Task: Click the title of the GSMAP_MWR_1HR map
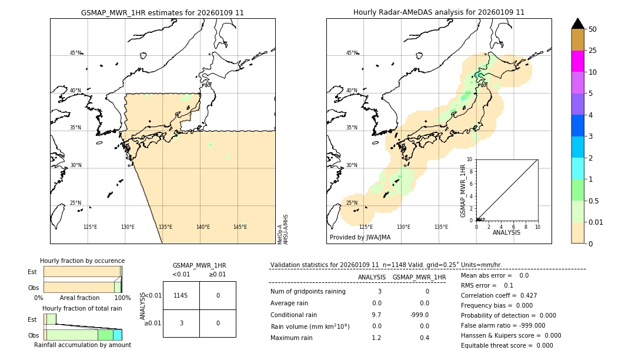pyautogui.click(x=162, y=12)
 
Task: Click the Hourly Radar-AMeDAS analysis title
pyautogui.click(x=439, y=12)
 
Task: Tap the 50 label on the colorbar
pyautogui.click(x=593, y=29)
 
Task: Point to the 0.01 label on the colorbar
pyautogui.click(x=596, y=222)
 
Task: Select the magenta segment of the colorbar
pyautogui.click(x=577, y=61)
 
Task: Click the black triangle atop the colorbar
pyautogui.click(x=577, y=24)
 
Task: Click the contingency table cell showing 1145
pyautogui.click(x=181, y=295)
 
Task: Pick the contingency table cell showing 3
pyautogui.click(x=181, y=323)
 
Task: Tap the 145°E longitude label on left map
pyautogui.click(x=240, y=227)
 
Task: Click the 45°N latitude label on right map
pyautogui.click(x=352, y=53)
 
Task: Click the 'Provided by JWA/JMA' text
pyautogui.click(x=360, y=237)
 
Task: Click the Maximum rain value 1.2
pyautogui.click(x=376, y=338)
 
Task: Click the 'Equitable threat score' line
pyautogui.click(x=507, y=345)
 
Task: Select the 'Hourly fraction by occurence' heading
pyautogui.click(x=82, y=261)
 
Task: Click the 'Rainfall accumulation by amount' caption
pyautogui.click(x=82, y=345)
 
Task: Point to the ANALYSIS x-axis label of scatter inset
pyautogui.click(x=506, y=232)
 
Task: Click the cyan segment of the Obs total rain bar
pyautogui.click(x=117, y=335)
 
